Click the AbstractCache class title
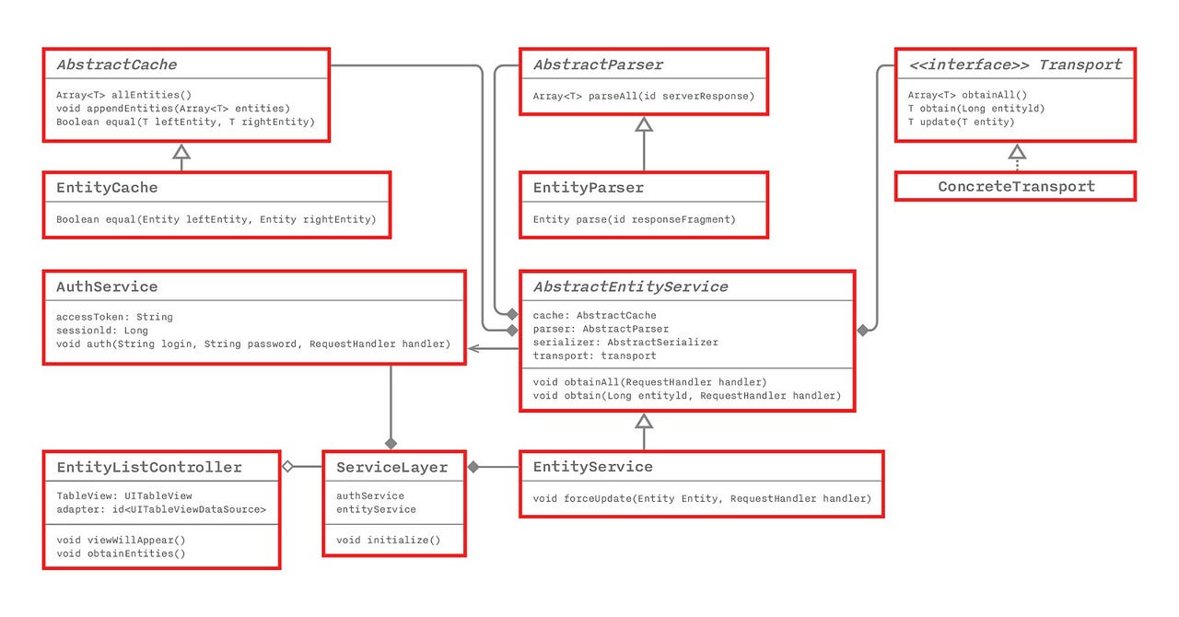117,64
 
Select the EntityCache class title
107,187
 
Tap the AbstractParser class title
598,64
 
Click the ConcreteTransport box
1016,186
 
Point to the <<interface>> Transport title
1015,64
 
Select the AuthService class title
107,286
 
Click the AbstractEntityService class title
630,286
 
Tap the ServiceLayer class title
392,467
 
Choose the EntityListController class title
149,467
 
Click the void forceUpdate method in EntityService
702,498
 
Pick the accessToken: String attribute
114,317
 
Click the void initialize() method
388,540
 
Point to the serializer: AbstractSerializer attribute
625,343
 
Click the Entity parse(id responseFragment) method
635,219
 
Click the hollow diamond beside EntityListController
287,467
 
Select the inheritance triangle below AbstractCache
181,151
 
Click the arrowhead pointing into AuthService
474,348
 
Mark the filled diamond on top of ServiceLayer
391,443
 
